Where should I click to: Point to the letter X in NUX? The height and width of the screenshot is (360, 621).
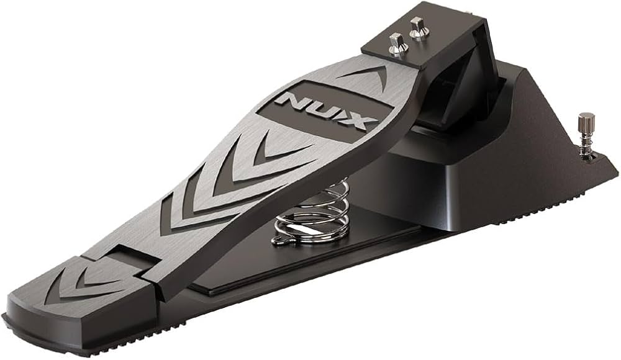353,120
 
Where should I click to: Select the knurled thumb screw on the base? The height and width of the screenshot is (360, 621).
585,135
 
